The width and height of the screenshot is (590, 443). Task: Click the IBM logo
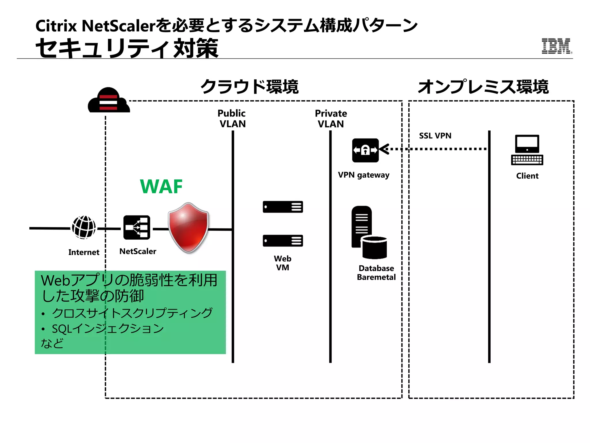[x=556, y=46]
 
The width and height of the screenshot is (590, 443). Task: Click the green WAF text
[x=161, y=187]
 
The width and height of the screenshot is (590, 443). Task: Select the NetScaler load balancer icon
[x=137, y=228]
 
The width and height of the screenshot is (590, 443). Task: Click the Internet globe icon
[x=84, y=227]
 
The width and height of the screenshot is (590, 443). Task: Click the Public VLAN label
[x=232, y=119]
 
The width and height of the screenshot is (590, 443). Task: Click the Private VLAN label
[x=331, y=119]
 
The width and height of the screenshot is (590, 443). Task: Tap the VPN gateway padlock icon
[x=365, y=150]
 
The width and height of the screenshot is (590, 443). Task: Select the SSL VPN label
[x=435, y=136]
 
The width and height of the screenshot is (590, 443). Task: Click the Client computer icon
[x=527, y=150]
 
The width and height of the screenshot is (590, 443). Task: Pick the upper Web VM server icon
[x=283, y=207]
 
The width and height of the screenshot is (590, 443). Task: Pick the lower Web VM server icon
[x=283, y=241]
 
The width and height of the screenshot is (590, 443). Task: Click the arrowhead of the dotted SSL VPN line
[x=384, y=149]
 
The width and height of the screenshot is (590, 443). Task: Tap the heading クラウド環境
[x=249, y=87]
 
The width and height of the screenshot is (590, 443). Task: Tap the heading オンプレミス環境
[x=483, y=87]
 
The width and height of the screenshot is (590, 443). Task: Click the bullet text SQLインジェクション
[x=108, y=329]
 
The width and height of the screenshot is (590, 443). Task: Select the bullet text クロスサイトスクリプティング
[x=132, y=313]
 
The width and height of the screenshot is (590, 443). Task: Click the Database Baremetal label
[x=376, y=273]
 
